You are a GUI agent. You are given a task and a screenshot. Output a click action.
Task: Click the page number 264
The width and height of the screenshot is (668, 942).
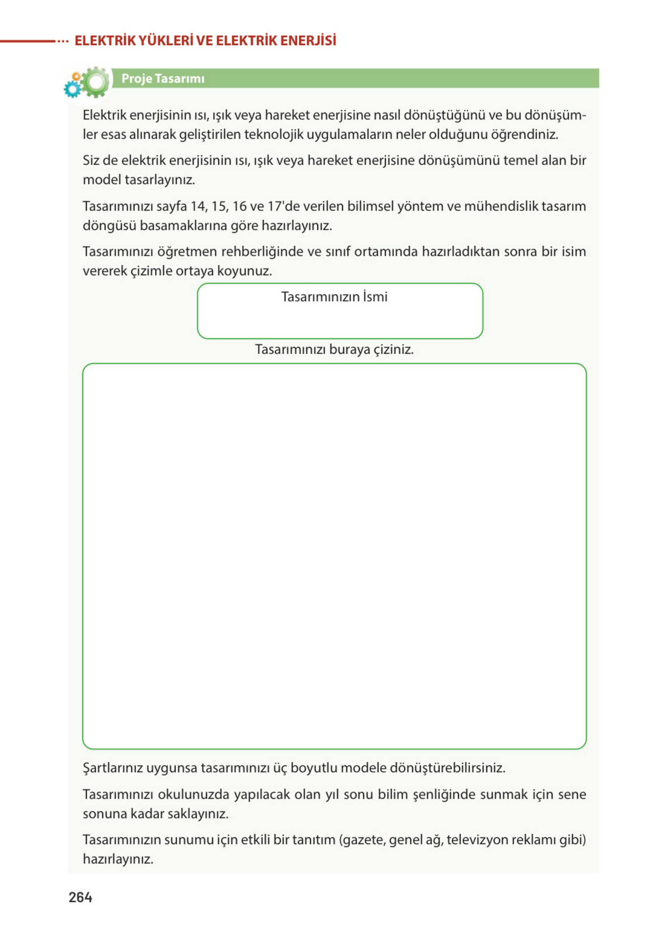(80, 897)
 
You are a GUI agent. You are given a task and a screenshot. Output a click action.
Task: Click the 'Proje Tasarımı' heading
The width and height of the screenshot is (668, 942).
(163, 78)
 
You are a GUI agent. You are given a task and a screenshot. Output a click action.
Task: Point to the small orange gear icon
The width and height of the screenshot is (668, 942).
(76, 76)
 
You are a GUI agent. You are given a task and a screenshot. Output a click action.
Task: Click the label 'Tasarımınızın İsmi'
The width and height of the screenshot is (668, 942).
(334, 296)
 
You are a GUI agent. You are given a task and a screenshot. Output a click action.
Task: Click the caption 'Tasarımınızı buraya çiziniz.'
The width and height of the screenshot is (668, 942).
(334, 349)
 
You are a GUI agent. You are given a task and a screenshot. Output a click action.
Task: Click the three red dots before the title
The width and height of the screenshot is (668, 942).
(62, 41)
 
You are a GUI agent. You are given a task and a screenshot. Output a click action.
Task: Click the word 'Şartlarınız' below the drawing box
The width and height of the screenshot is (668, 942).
(113, 768)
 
